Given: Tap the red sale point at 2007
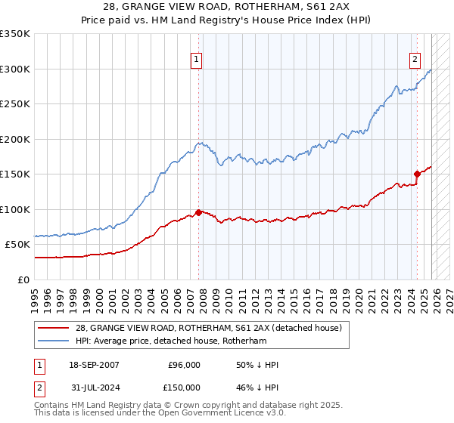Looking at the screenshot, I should click(x=198, y=212).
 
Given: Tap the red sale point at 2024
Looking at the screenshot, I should click(x=416, y=174).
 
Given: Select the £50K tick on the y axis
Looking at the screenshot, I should click(x=17, y=245).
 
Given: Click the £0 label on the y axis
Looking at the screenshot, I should click(x=23, y=279).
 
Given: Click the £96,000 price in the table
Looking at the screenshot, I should click(x=183, y=365).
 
